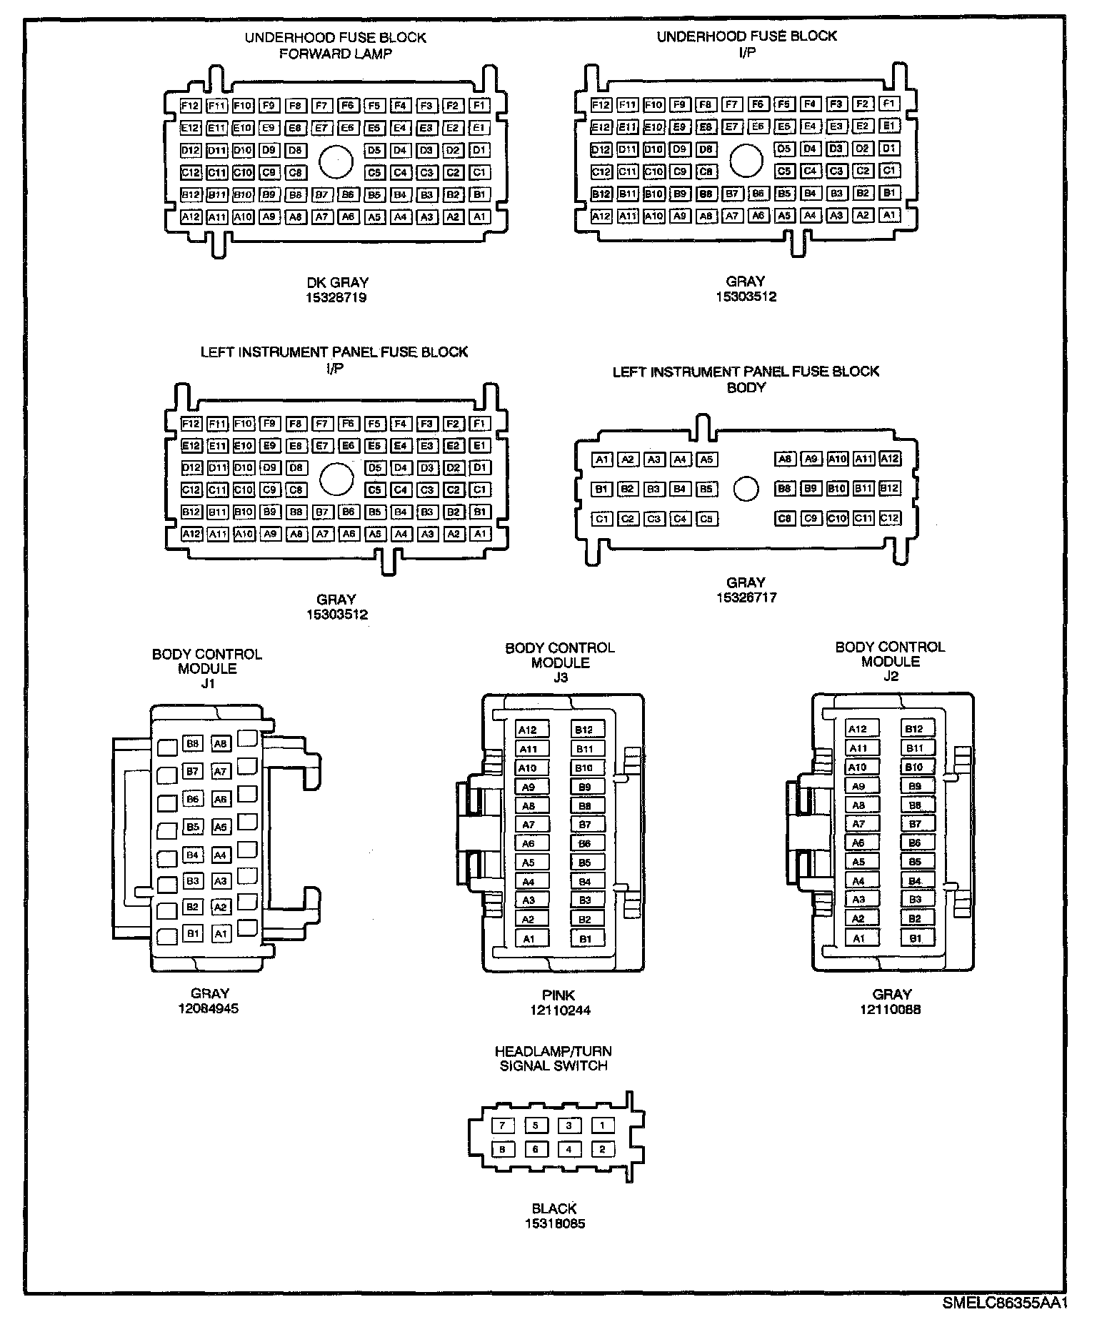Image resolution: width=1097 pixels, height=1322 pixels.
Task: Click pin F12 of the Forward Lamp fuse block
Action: (x=190, y=106)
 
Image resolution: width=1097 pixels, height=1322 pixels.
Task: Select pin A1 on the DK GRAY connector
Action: (x=480, y=217)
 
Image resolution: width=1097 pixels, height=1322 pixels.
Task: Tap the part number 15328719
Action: (x=336, y=298)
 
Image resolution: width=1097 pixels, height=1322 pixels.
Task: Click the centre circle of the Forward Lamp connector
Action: (x=336, y=161)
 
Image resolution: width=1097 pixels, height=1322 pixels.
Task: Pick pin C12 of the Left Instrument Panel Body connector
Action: (x=889, y=519)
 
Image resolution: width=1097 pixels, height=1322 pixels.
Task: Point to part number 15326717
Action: (x=746, y=597)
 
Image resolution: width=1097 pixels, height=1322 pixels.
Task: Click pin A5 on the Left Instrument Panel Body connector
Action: (x=706, y=460)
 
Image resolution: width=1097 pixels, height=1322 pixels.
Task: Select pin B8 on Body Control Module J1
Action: (x=192, y=744)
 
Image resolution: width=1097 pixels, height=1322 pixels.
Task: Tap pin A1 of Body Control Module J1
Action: (x=221, y=933)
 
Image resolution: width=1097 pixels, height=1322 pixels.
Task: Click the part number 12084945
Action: (x=209, y=1008)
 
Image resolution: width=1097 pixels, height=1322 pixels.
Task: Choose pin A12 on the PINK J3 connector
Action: (x=528, y=730)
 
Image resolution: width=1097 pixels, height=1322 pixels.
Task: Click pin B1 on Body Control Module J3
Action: (x=586, y=939)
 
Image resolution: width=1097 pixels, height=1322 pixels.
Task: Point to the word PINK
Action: (x=558, y=995)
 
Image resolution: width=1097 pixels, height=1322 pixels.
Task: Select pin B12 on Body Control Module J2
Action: (x=914, y=729)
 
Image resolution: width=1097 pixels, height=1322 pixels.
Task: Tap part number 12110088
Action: (x=891, y=1010)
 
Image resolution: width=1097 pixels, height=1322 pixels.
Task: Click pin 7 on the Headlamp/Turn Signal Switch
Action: (x=502, y=1125)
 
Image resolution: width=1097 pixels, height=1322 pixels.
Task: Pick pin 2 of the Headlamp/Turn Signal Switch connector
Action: (x=602, y=1150)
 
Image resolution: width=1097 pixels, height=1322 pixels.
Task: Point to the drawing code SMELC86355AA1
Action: (x=1004, y=1302)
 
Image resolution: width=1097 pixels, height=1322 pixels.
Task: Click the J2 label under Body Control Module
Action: (x=891, y=676)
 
